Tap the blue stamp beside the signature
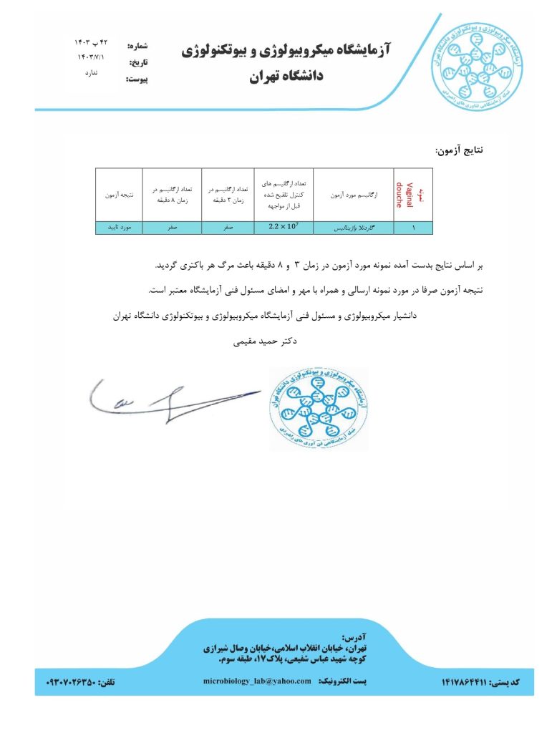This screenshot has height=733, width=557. tap(319, 409)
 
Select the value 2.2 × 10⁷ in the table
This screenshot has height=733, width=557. tap(284, 228)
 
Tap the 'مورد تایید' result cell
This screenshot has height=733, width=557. tap(119, 228)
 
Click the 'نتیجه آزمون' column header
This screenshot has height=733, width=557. tap(119, 195)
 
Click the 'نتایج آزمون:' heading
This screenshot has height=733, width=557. tap(460, 150)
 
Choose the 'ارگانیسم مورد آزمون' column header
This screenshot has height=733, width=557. tap(354, 195)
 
